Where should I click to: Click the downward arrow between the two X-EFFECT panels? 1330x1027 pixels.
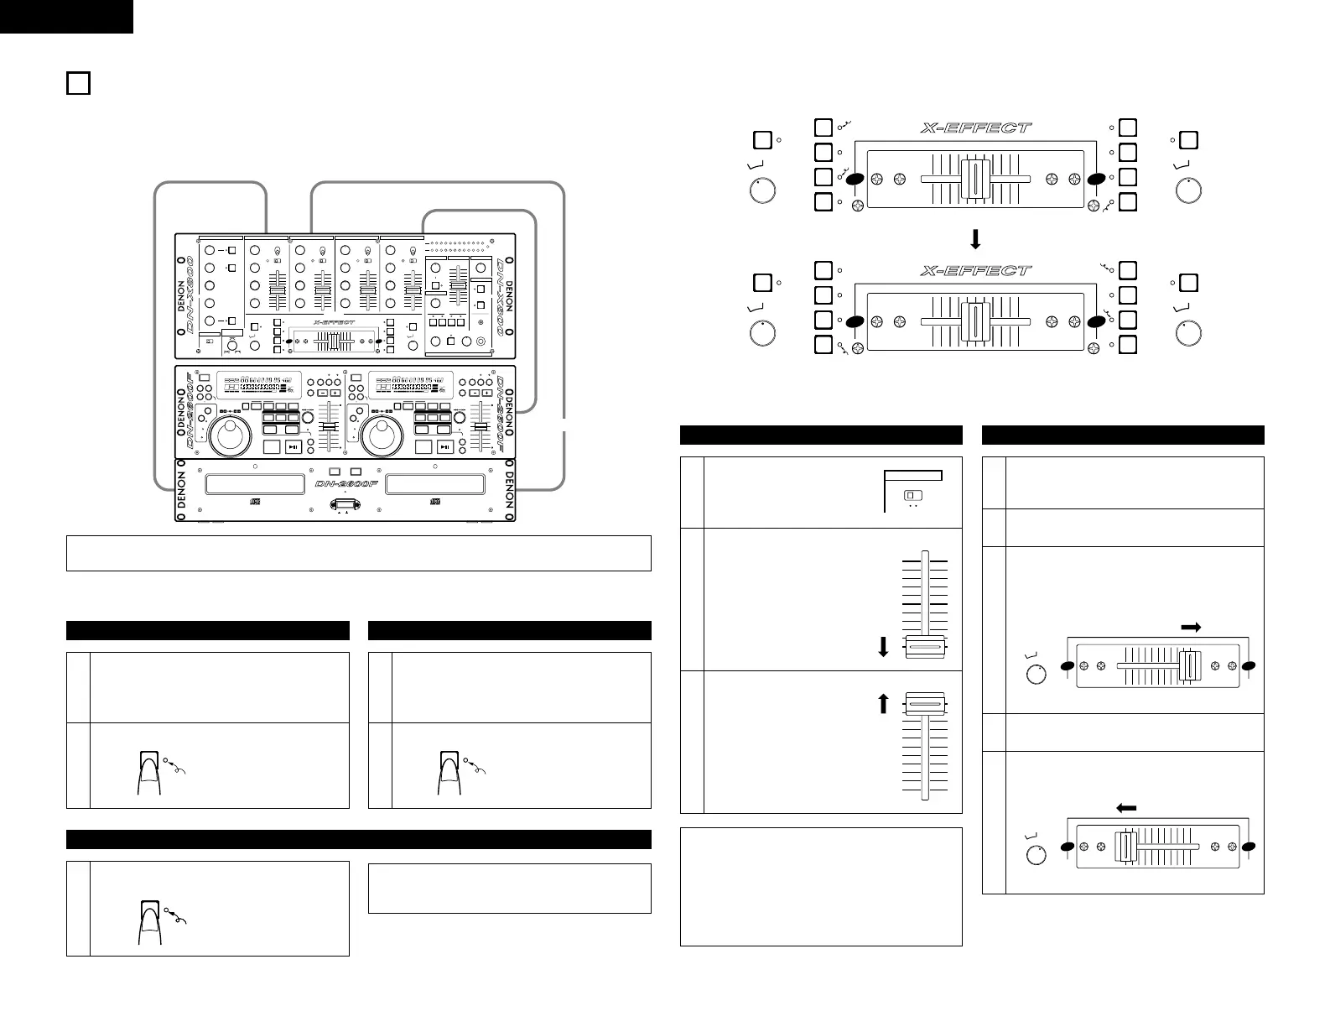tap(974, 240)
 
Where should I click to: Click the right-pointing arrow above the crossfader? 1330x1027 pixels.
tap(1191, 627)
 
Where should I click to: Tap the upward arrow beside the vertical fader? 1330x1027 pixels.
tap(883, 704)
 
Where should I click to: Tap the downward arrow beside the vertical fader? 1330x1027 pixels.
tap(883, 648)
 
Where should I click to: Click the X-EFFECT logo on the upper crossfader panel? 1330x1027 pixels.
tap(975, 128)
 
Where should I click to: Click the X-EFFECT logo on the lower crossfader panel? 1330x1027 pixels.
tap(975, 271)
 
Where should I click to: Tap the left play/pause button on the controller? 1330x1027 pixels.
tap(293, 447)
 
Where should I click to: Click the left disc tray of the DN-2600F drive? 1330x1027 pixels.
tap(254, 484)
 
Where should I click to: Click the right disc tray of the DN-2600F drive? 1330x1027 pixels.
tap(434, 484)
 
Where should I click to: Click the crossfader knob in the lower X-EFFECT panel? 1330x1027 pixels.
tap(974, 321)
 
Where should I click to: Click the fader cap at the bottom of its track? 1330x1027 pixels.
tap(925, 648)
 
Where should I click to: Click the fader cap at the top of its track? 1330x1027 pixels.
tap(925, 704)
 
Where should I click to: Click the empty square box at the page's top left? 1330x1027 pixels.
tap(78, 84)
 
